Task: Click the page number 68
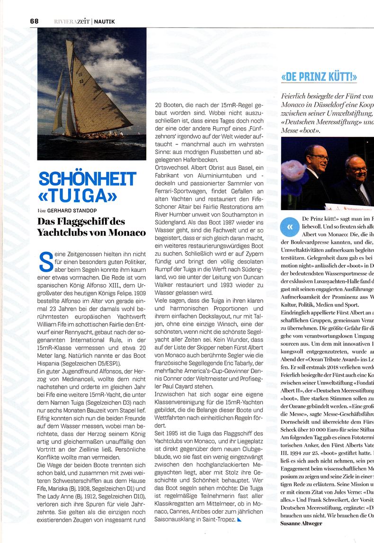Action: coord(34,21)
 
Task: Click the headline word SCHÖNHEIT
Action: coord(88,179)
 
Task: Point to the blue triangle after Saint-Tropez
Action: coord(239,519)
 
